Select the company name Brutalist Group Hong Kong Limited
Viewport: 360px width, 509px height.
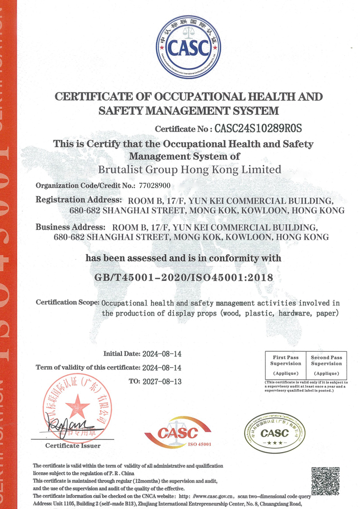[x=189, y=169]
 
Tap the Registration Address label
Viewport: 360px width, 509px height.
[x=79, y=200]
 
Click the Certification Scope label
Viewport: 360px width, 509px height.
[x=67, y=302]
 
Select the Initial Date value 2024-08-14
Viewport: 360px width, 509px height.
[x=162, y=354]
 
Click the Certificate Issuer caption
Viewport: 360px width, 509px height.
[x=73, y=445]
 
